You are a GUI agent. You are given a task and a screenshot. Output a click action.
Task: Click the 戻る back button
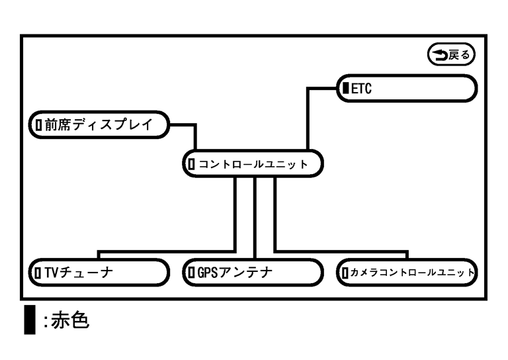[x=452, y=56]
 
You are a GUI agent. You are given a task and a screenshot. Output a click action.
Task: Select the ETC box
[x=406, y=88]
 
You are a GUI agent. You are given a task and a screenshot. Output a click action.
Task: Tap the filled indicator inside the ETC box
[x=345, y=88]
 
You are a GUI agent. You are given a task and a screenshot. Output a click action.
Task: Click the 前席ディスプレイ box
[x=99, y=124]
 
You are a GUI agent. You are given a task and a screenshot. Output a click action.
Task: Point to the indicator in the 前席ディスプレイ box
[x=38, y=124]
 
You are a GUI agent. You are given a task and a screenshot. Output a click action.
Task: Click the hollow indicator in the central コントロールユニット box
[x=192, y=163]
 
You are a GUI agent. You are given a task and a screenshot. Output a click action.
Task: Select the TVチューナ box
[x=99, y=272]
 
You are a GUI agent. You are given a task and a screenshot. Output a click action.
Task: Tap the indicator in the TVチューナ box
[x=38, y=272]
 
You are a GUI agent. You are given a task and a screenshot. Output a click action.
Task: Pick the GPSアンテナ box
[x=252, y=272]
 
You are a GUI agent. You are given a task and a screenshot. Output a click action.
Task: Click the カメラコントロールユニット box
[x=406, y=272]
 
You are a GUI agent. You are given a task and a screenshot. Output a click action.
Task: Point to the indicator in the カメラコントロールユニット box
[x=344, y=272]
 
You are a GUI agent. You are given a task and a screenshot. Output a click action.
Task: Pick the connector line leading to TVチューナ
[x=165, y=251]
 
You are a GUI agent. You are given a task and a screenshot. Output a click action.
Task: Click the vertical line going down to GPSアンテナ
[x=255, y=218]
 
